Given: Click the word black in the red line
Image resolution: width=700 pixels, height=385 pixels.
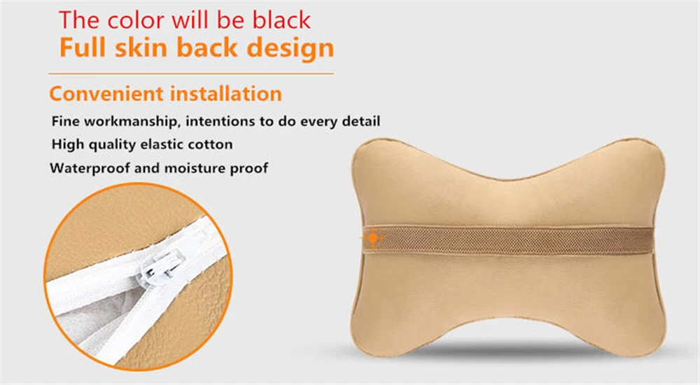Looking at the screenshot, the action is (x=281, y=20).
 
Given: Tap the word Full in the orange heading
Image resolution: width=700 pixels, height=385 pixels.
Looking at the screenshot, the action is (x=83, y=48).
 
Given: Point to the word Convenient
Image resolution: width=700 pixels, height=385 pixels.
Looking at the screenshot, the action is (x=106, y=94).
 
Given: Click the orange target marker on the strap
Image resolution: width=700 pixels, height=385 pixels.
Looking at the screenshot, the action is (x=373, y=239).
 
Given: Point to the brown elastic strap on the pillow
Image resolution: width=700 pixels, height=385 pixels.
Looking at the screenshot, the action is (x=508, y=240).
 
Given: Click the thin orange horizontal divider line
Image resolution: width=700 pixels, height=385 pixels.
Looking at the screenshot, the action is (x=191, y=73).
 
